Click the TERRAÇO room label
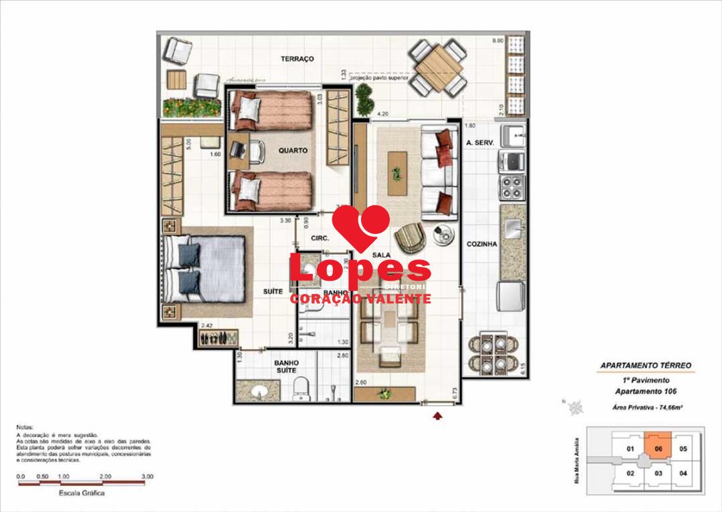pyautogui.click(x=297, y=59)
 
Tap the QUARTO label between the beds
pyautogui.click(x=293, y=151)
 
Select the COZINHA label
pyautogui.click(x=481, y=245)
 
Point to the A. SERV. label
pyautogui.click(x=479, y=143)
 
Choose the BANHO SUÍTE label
pyautogui.click(x=286, y=367)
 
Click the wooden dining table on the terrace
pyautogui.click(x=438, y=68)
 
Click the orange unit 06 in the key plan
pyautogui.click(x=658, y=449)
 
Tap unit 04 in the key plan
pyautogui.click(x=682, y=473)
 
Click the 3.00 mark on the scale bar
pyautogui.click(x=148, y=477)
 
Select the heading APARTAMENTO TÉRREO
pyautogui.click(x=645, y=366)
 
